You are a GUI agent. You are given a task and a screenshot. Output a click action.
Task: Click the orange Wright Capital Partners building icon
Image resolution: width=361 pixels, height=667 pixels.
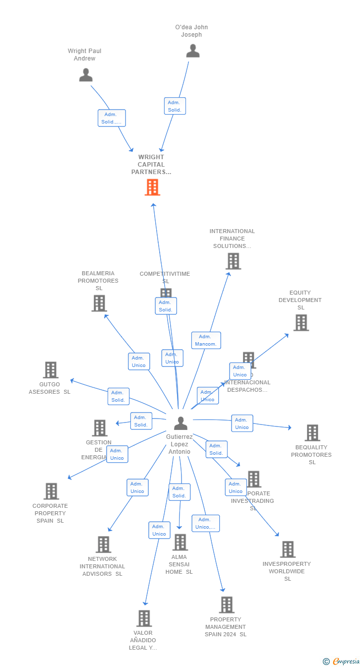click(x=152, y=187)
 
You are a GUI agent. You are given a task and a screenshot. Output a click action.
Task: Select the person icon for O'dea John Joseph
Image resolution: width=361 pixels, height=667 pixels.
click(x=193, y=51)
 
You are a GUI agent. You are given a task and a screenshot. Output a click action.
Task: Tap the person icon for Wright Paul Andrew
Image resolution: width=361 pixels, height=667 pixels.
click(x=86, y=75)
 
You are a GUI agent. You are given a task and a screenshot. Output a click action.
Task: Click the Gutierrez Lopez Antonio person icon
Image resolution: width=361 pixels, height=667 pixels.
click(x=180, y=423)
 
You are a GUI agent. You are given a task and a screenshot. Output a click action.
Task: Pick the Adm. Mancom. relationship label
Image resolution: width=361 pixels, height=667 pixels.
click(x=206, y=340)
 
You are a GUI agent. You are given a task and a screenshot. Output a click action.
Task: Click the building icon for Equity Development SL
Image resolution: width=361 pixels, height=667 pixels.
click(x=301, y=323)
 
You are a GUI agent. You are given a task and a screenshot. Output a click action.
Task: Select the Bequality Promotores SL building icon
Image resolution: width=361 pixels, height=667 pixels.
click(x=312, y=433)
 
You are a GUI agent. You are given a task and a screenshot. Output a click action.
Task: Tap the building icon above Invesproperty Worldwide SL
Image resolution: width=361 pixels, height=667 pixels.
click(x=288, y=549)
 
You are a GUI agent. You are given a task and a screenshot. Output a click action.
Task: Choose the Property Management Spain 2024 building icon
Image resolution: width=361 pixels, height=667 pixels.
click(x=227, y=605)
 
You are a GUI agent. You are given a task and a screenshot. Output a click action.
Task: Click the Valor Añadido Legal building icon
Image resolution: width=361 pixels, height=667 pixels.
click(x=144, y=618)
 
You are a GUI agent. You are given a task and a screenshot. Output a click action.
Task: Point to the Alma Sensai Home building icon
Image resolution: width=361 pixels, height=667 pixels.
click(x=180, y=543)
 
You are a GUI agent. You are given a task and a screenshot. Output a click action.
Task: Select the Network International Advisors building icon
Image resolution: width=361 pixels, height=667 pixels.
click(x=103, y=545)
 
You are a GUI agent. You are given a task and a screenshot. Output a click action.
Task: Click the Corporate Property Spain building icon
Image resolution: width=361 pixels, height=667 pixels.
click(x=51, y=491)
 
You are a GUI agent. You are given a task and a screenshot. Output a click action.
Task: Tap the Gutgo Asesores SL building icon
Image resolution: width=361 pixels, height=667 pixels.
click(x=51, y=370)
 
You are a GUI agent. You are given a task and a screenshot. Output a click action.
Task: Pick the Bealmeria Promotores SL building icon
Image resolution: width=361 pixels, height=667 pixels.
click(x=99, y=303)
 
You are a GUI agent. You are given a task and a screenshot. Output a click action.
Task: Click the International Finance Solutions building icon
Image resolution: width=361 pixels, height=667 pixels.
click(x=233, y=261)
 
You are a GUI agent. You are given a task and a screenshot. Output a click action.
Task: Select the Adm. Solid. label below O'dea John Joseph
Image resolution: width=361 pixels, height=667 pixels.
click(x=175, y=106)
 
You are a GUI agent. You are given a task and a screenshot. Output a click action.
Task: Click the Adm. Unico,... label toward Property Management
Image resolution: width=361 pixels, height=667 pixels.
click(x=205, y=523)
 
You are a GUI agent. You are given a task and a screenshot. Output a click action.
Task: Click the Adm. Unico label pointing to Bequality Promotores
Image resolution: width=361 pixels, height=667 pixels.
click(x=242, y=424)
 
